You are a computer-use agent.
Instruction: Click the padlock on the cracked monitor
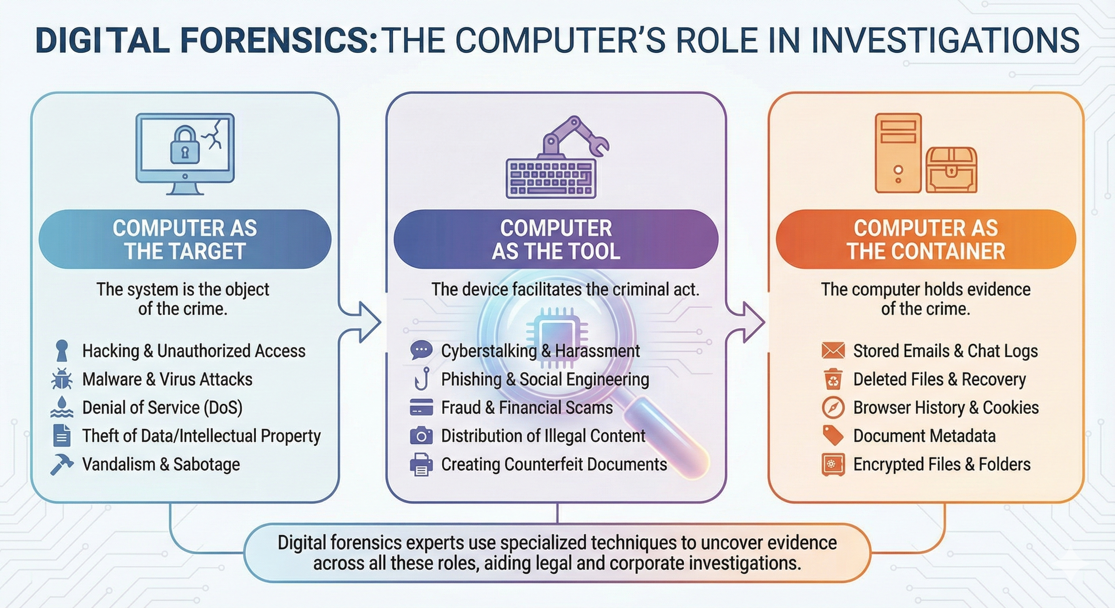point(185,146)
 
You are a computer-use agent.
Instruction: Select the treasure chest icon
point(951,170)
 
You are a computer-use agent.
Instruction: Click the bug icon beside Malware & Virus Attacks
point(61,380)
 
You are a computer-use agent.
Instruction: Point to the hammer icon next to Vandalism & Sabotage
point(61,464)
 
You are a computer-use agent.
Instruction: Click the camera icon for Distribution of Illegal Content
point(421,436)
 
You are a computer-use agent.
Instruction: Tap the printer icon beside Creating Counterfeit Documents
point(421,465)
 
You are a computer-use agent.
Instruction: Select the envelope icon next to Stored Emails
point(833,351)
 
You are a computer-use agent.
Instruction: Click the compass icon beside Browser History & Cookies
point(833,408)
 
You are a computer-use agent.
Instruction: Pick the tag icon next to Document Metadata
point(833,435)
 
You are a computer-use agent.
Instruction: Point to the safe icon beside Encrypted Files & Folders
point(833,465)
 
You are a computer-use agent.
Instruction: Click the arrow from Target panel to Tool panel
point(366,322)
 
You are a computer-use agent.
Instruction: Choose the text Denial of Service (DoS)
point(162,408)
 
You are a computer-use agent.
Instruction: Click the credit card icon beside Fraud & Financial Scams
point(421,408)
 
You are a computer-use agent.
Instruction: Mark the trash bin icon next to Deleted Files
point(833,379)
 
